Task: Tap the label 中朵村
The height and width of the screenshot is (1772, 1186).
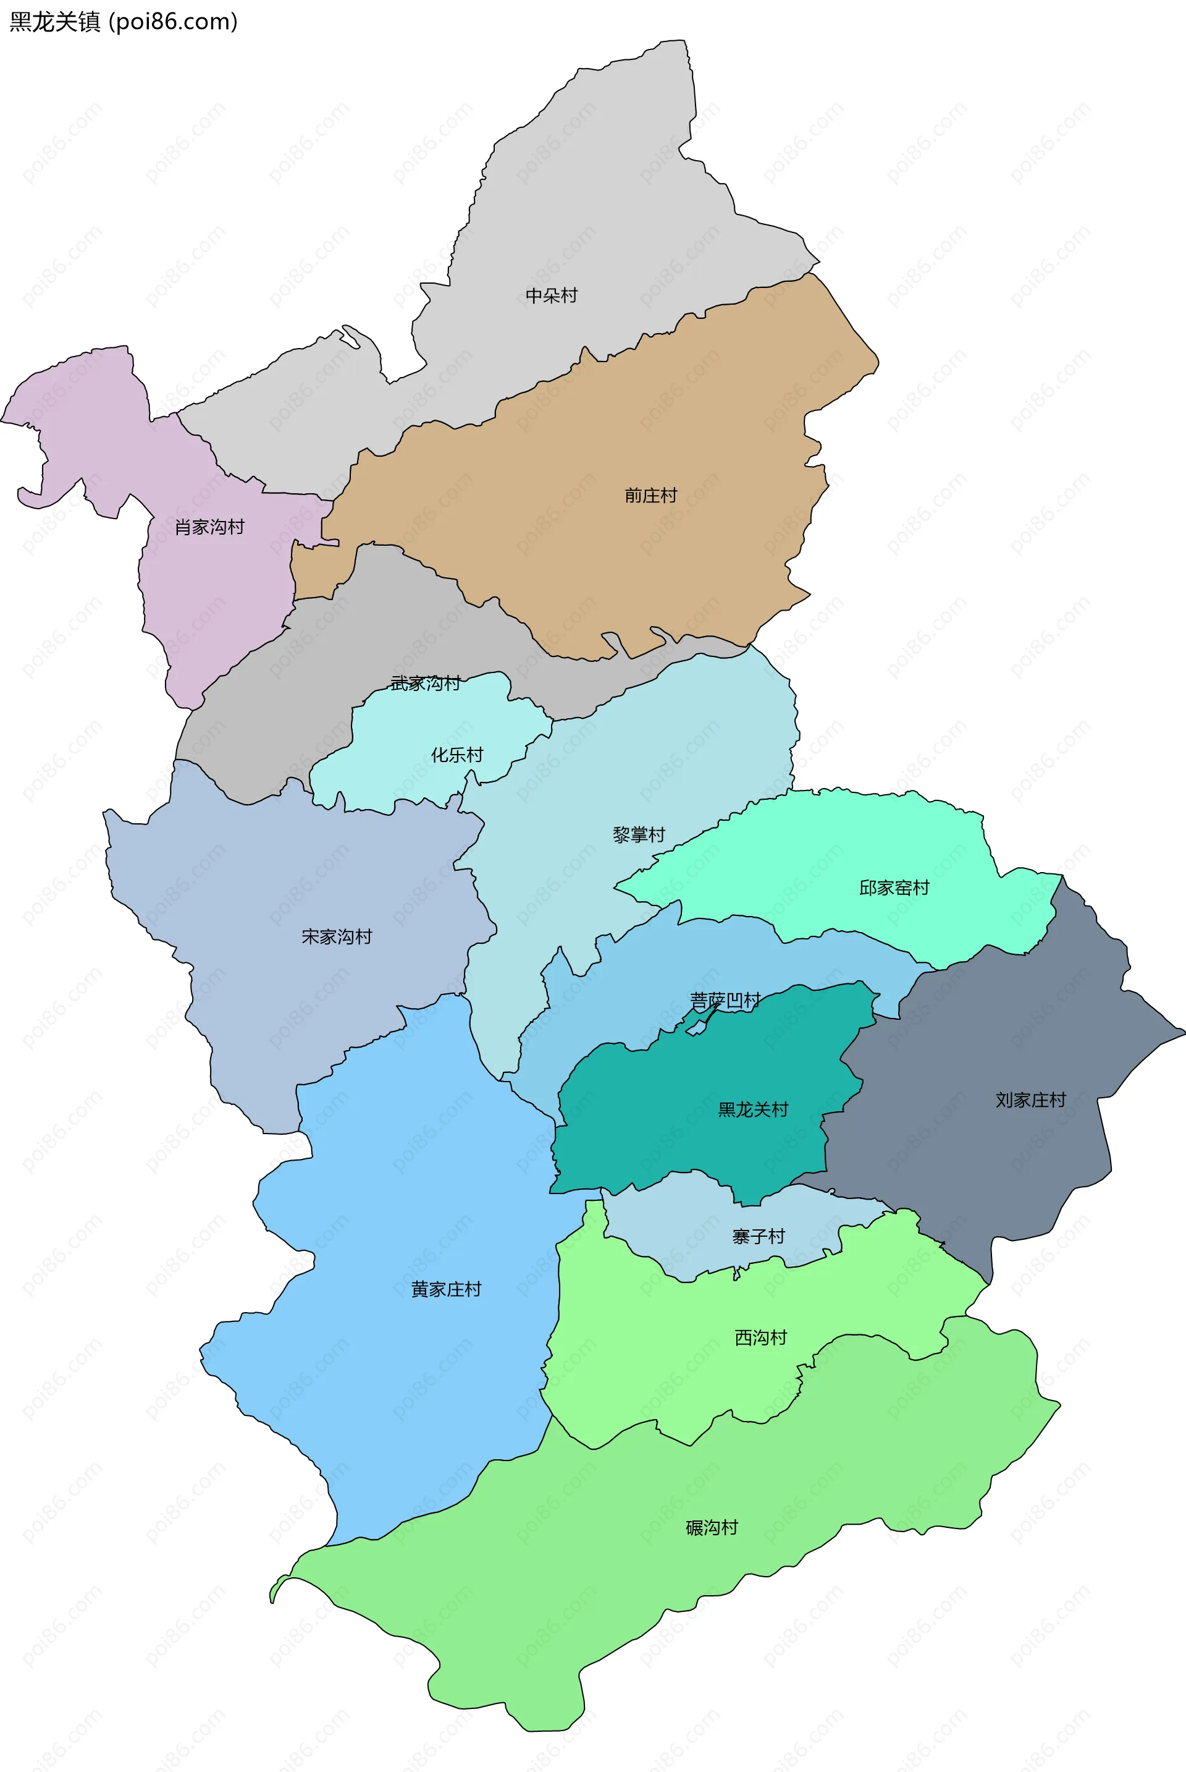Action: pyautogui.click(x=552, y=295)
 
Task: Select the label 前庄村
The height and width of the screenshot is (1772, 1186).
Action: pyautogui.click(x=650, y=496)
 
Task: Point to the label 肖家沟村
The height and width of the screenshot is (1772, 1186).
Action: pyautogui.click(x=209, y=527)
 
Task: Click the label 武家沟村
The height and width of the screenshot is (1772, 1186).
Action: pyautogui.click(x=425, y=683)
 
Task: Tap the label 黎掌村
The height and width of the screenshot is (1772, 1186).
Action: pyautogui.click(x=638, y=834)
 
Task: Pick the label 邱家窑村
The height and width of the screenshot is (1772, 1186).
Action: pyautogui.click(x=894, y=888)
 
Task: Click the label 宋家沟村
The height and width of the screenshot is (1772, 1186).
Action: pyautogui.click(x=337, y=937)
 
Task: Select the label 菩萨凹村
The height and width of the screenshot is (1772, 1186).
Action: pyautogui.click(x=725, y=1000)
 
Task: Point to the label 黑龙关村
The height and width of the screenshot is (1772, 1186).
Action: pyautogui.click(x=752, y=1109)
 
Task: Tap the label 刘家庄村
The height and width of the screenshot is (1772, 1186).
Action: pyautogui.click(x=1030, y=1100)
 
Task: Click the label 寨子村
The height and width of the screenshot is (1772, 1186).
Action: pyautogui.click(x=758, y=1236)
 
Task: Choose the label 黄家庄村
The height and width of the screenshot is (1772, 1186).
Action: pyautogui.click(x=446, y=1289)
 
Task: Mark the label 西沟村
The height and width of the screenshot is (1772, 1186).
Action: pyautogui.click(x=761, y=1337)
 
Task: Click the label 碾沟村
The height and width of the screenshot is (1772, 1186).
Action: pyautogui.click(x=712, y=1528)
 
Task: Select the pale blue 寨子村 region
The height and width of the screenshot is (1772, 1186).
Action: pyautogui.click(x=681, y=1226)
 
